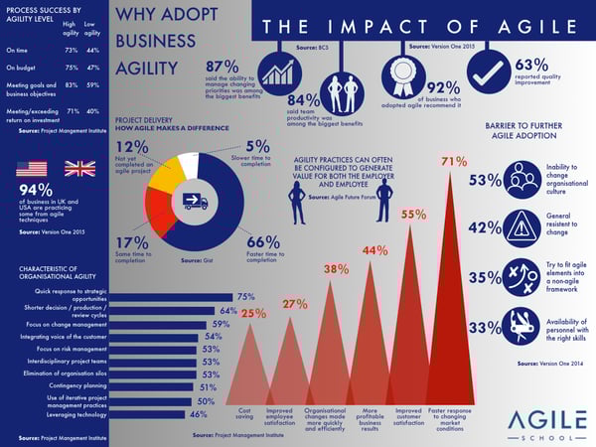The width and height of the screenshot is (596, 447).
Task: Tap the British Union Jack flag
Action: [78, 168]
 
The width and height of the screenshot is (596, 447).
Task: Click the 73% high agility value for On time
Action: [71, 49]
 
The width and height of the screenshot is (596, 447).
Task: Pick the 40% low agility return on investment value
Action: [92, 113]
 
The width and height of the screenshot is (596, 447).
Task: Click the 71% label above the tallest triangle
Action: [454, 161]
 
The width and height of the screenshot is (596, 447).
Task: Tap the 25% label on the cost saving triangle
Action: [253, 314]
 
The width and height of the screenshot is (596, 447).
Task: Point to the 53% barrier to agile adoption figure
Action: [484, 180]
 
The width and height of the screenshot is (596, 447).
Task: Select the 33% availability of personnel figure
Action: [484, 327]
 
